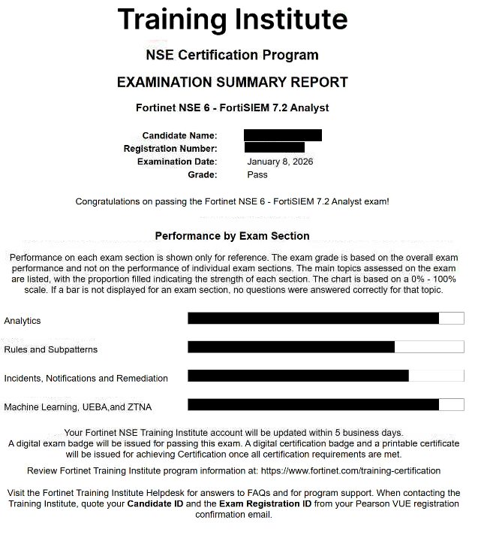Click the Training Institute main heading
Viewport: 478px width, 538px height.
click(232, 20)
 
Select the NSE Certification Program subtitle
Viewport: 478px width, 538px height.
click(232, 55)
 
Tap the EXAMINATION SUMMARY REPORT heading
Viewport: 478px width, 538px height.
click(232, 82)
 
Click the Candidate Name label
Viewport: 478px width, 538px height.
click(179, 136)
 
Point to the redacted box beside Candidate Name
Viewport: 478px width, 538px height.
click(282, 135)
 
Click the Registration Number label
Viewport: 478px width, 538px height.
click(170, 149)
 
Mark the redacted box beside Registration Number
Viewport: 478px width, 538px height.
click(274, 148)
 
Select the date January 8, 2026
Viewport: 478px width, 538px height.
click(280, 162)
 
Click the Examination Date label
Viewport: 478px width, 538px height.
click(177, 162)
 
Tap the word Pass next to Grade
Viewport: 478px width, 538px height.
click(257, 174)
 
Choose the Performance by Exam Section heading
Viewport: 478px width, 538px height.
click(232, 236)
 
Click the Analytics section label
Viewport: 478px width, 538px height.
click(23, 321)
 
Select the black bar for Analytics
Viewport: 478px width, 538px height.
click(313, 319)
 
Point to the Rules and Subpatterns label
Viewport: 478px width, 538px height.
click(50, 349)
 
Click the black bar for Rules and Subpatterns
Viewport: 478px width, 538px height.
click(291, 347)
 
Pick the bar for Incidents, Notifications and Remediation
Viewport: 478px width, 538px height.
click(298, 376)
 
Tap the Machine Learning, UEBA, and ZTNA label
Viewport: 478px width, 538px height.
click(77, 407)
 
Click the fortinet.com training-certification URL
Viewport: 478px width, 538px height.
click(350, 471)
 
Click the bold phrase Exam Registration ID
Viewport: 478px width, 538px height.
click(265, 503)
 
